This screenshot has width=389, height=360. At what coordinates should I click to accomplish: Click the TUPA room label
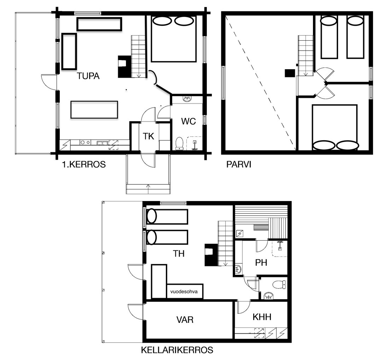pos(88,76)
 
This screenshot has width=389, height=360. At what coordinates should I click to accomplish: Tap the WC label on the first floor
pos(188,122)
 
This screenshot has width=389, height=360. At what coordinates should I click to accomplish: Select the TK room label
pos(149,136)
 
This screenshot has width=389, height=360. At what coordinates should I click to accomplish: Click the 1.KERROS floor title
pos(84,164)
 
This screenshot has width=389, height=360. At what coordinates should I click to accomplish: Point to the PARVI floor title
pos(239,164)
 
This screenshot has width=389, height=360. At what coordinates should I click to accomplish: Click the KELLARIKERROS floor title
pos(177,350)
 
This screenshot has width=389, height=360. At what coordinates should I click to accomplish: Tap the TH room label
pos(179,253)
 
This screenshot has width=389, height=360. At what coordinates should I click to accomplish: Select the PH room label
pos(261,262)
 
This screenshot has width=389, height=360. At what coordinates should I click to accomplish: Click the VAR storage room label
pos(185,320)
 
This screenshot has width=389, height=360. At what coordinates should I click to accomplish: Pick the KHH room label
pos(262,317)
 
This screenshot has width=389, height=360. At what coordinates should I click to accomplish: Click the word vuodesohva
pos(184,291)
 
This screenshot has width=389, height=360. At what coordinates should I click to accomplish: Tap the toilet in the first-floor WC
pos(179,144)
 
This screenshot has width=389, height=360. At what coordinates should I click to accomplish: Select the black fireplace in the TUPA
pos(124,67)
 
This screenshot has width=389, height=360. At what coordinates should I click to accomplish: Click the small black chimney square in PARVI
pos(290,73)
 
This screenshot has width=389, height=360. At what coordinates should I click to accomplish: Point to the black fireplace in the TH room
pos(211,255)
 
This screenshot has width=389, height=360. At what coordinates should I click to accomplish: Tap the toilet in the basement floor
pos(279,284)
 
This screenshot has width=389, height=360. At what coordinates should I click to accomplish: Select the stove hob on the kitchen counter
pos(85,142)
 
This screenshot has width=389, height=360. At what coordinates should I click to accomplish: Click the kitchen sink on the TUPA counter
pos(103,143)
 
